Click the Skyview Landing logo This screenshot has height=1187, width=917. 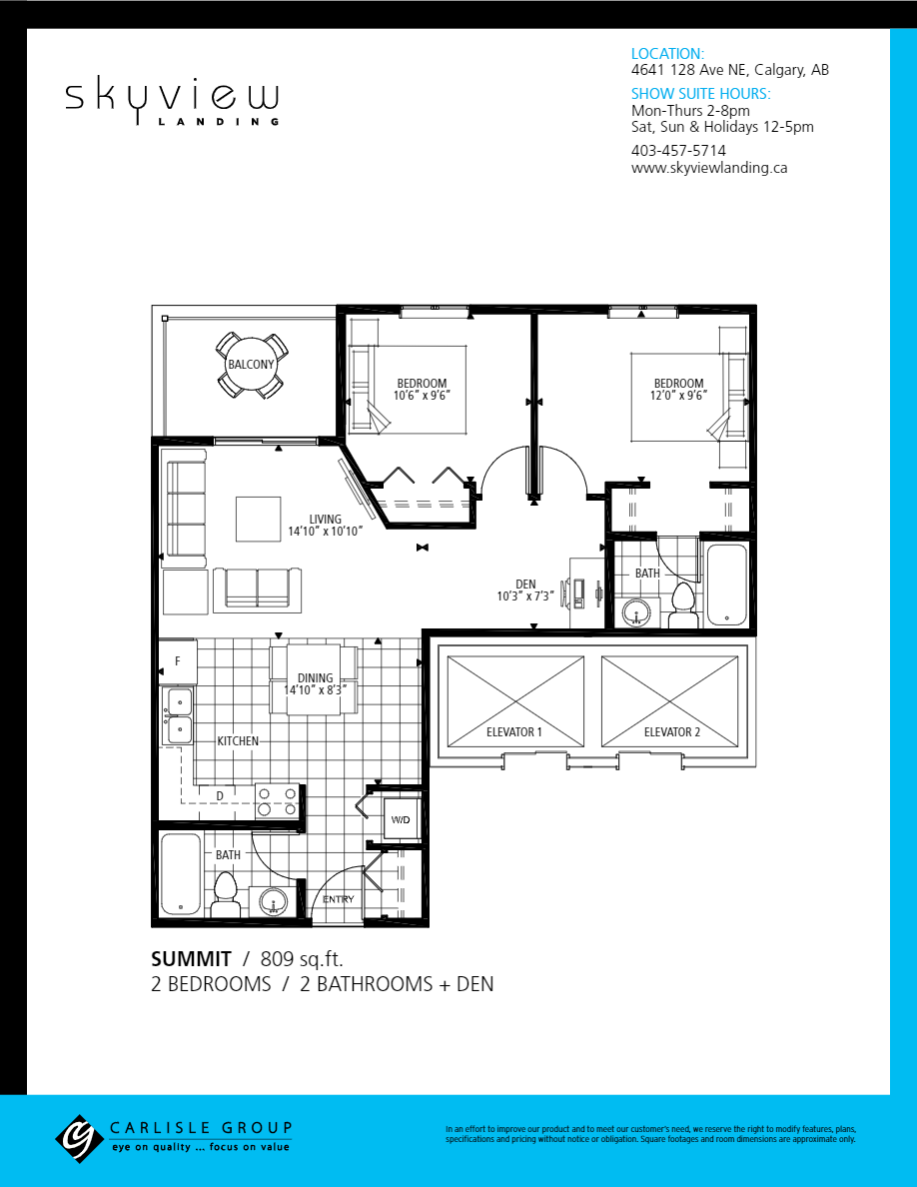pyautogui.click(x=172, y=101)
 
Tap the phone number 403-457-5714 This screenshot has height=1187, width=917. pyautogui.click(x=678, y=150)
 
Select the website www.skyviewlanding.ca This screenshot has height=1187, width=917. pyautogui.click(x=709, y=168)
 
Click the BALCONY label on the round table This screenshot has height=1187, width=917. pyautogui.click(x=251, y=365)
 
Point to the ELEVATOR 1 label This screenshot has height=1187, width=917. pyautogui.click(x=514, y=732)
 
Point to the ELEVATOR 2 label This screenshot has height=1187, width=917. pyautogui.click(x=672, y=732)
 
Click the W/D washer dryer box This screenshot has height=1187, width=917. pyautogui.click(x=401, y=819)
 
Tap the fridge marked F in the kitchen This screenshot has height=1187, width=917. pyautogui.click(x=178, y=661)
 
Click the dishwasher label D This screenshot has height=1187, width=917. pyautogui.click(x=220, y=795)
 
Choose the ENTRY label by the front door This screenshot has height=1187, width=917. pyautogui.click(x=338, y=899)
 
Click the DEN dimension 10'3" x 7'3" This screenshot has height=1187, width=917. pyautogui.click(x=525, y=596)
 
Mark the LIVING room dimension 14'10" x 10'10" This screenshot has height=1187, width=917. pyautogui.click(x=325, y=532)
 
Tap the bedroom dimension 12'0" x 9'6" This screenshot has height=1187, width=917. pyautogui.click(x=678, y=395)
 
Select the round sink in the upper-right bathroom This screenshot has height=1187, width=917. pyautogui.click(x=635, y=612)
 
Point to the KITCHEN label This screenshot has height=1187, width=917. pyautogui.click(x=238, y=741)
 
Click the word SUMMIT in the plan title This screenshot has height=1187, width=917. pyautogui.click(x=191, y=958)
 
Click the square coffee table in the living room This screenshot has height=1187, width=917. pyautogui.click(x=259, y=519)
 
